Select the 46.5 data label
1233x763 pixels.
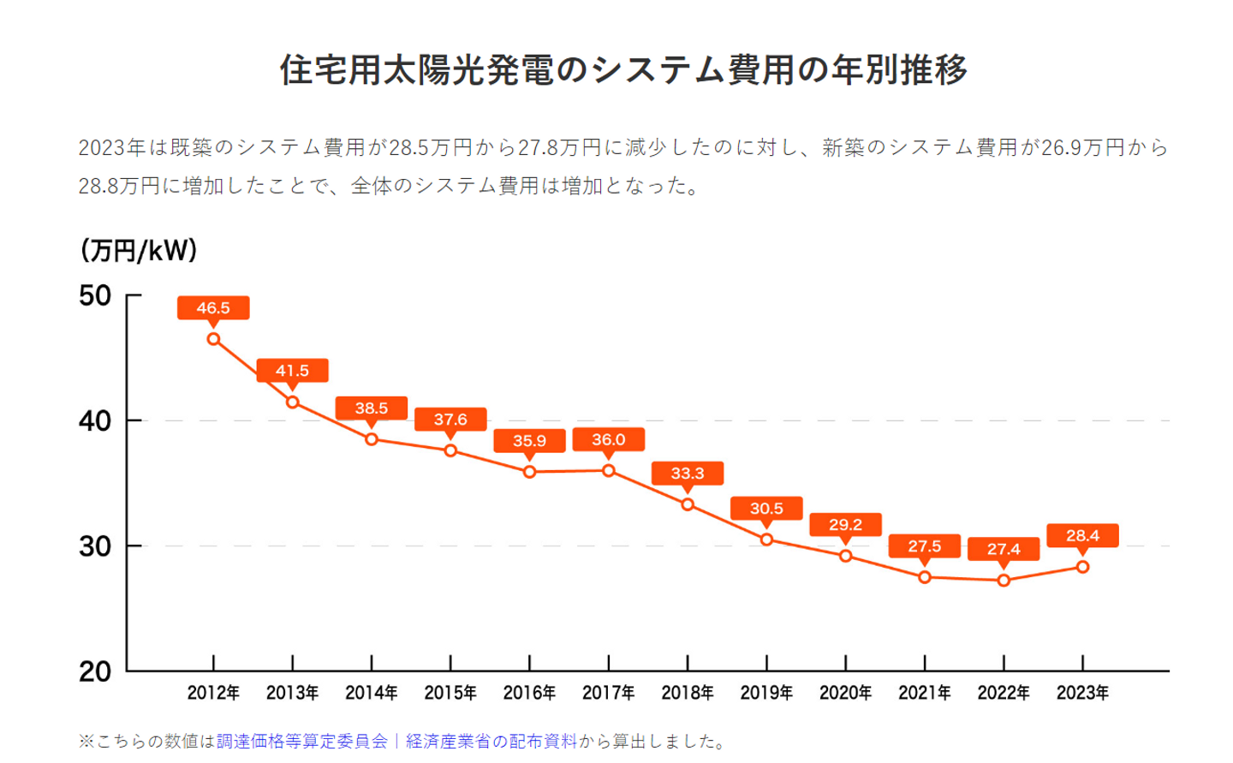click(213, 308)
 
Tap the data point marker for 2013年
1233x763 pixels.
click(293, 402)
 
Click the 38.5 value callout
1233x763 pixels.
click(372, 408)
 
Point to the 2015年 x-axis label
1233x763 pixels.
click(450, 693)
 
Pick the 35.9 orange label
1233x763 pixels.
click(529, 441)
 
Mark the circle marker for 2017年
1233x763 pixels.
click(609, 471)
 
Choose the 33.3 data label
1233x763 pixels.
click(688, 474)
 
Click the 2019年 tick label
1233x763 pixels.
click(766, 693)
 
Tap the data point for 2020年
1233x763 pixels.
click(846, 556)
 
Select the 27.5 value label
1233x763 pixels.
click(925, 546)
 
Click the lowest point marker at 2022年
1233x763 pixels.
click(1004, 581)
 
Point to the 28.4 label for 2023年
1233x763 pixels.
click(1082, 536)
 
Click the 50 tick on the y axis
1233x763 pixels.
click(95, 296)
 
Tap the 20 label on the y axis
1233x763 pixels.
click(95, 672)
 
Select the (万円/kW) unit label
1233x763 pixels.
click(139, 250)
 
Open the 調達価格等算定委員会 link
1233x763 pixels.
click(301, 742)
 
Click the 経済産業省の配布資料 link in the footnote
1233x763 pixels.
click(491, 742)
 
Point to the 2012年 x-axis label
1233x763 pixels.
click(213, 693)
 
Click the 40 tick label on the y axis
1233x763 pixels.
click(95, 421)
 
